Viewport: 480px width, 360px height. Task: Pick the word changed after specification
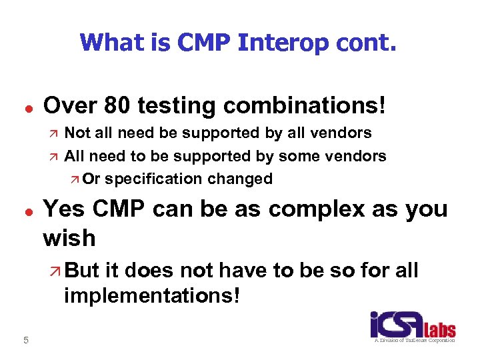pyautogui.click(x=240, y=179)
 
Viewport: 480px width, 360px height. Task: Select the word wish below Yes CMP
pyautogui.click(x=69, y=237)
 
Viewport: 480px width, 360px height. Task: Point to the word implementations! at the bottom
pyautogui.click(x=151, y=295)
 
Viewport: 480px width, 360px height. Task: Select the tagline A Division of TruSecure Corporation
pyautogui.click(x=413, y=341)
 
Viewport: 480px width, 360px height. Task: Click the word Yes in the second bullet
pyautogui.click(x=65, y=209)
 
